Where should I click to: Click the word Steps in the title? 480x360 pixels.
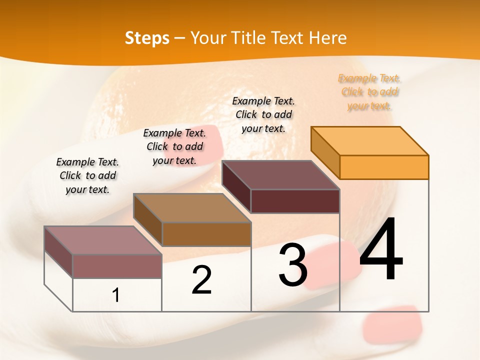coord(147,38)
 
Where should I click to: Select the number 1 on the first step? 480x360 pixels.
coord(116,295)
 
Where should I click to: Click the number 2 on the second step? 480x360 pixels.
coord(201,280)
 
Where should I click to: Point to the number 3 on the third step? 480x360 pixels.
coord(292,265)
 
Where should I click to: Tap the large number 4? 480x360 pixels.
coord(381,249)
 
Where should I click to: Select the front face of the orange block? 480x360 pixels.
coord(384,167)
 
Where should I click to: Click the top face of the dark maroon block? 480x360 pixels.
coord(280,175)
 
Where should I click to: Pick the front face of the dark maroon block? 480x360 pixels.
coord(295,201)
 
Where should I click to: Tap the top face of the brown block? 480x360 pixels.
coord(192,208)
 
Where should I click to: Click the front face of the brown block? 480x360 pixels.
coord(206,234)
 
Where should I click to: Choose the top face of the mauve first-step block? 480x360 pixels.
coord(103,240)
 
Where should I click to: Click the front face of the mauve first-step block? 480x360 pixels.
coord(117,266)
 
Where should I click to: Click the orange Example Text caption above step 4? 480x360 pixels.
coord(369,92)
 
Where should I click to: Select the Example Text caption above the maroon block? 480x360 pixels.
coord(264,114)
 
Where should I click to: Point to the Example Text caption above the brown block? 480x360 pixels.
coord(174,146)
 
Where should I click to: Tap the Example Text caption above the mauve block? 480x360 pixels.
coord(87,175)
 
